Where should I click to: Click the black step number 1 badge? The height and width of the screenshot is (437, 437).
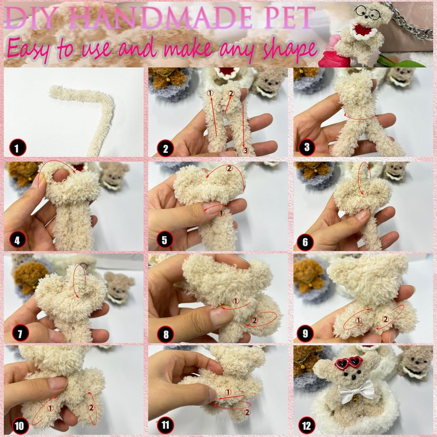[17, 147]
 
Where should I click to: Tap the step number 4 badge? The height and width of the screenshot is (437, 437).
[17, 240]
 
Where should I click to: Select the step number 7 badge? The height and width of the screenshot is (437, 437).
[20, 333]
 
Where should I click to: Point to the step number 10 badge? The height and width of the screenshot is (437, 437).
[20, 426]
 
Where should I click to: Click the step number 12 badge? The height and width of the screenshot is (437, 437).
[306, 426]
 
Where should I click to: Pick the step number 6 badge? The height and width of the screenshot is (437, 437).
[305, 242]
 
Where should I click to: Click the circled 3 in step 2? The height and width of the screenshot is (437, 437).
[245, 151]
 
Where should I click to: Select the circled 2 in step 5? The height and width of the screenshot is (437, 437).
[229, 168]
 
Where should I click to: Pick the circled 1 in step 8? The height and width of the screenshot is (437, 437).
[236, 301]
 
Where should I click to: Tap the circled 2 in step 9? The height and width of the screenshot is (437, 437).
[386, 319]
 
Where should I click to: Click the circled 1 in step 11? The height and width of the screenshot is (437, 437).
[228, 392]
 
